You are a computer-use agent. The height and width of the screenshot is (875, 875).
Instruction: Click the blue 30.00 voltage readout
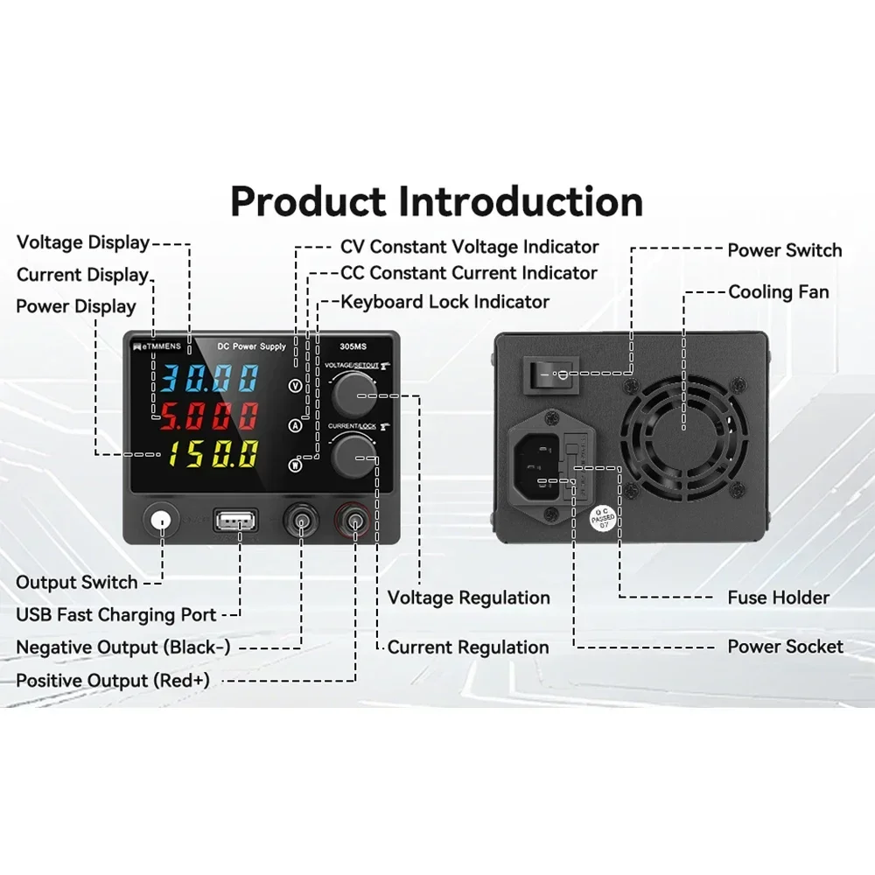pos(208,377)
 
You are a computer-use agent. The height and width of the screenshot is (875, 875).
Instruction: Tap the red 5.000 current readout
pos(208,416)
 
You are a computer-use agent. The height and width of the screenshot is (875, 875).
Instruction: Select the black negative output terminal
pos(302,522)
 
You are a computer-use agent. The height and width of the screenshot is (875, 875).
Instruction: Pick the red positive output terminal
pos(355,523)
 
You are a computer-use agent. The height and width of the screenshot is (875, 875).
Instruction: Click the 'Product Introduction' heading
pos(437,201)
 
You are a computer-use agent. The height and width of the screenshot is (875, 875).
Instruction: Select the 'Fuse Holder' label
pos(778,598)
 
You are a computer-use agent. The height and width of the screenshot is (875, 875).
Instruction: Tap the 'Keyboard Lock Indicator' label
pos(444,302)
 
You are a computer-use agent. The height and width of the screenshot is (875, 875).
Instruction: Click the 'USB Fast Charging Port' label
pos(116,614)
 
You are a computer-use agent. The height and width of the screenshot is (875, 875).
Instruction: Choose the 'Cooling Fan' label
pos(778,291)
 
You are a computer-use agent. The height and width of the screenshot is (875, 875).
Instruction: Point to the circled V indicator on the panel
pos(296,385)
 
